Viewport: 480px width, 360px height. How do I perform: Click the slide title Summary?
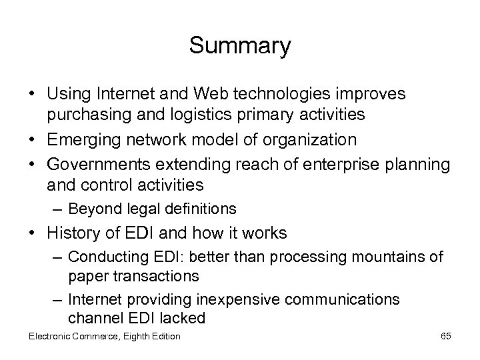pos(240,46)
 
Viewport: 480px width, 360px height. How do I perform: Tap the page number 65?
pos(445,336)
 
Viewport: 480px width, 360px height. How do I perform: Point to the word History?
pos(73,233)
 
